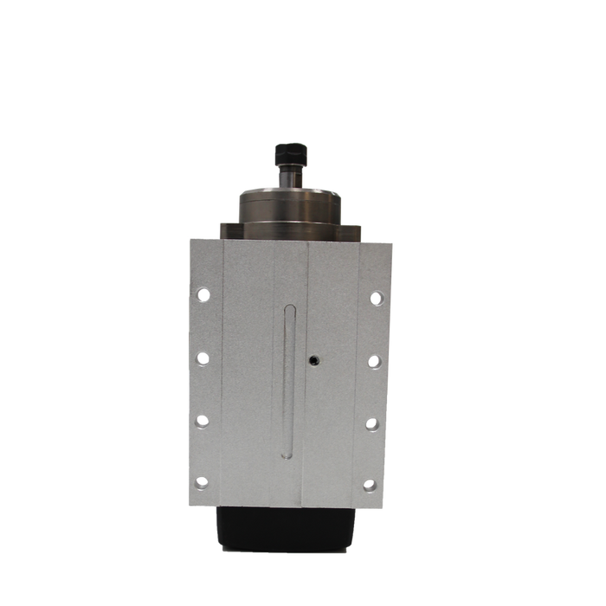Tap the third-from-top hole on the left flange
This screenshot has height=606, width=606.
202,422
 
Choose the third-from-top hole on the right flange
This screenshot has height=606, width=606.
373,424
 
